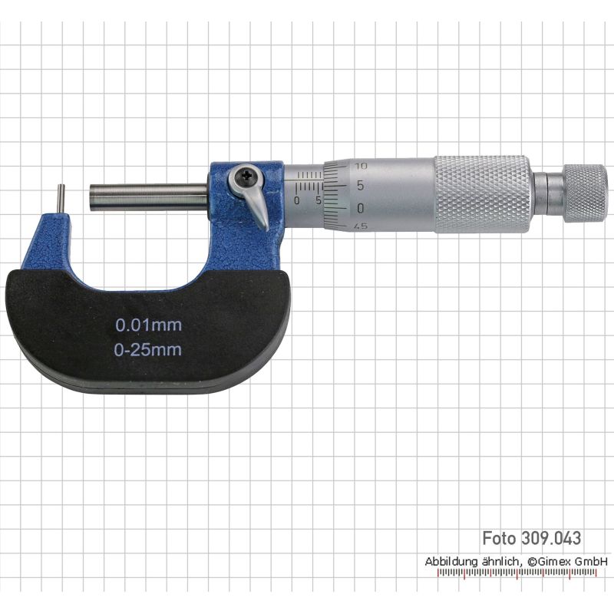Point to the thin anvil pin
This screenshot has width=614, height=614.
(x=62, y=200)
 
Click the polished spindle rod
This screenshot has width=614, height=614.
(x=149, y=198)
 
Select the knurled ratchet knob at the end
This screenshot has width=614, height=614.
(x=585, y=193)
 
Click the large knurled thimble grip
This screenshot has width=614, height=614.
(x=483, y=195)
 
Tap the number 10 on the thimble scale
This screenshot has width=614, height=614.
(x=361, y=166)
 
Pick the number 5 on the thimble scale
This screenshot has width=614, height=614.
(x=360, y=185)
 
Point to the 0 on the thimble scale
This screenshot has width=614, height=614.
(x=361, y=208)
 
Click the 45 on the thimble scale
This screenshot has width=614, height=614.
(x=360, y=226)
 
